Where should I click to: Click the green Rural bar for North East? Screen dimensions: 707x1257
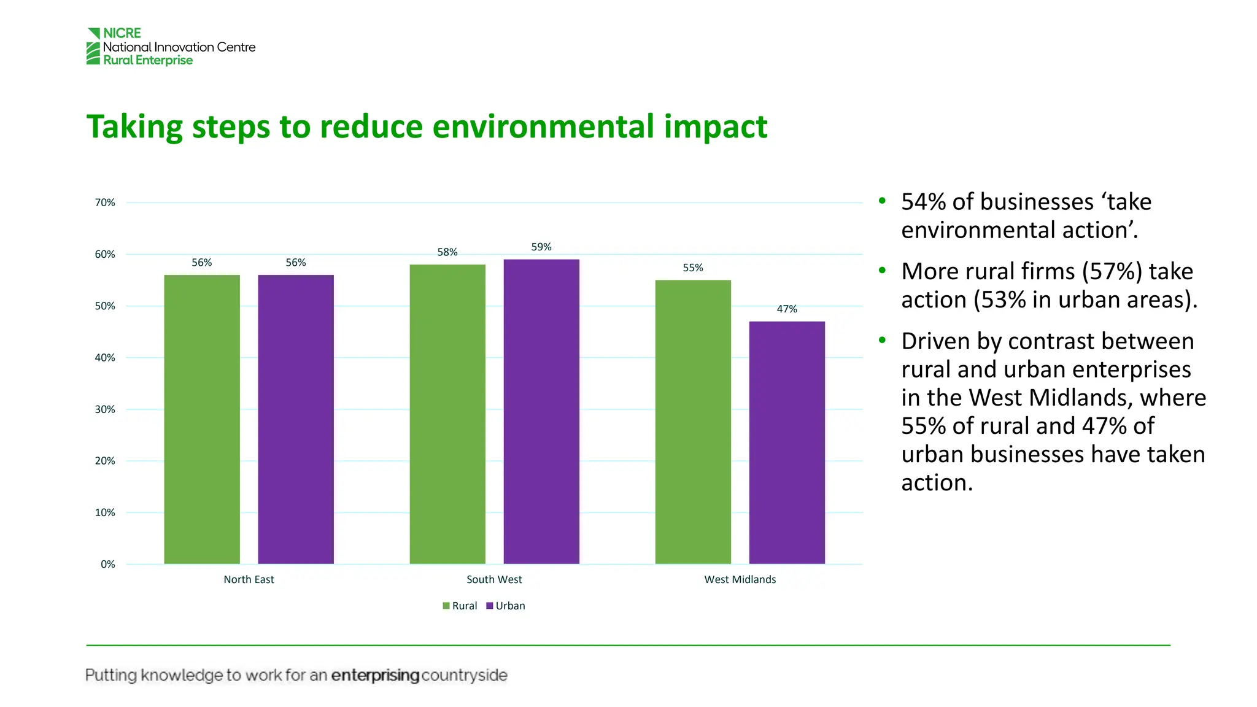[202, 419]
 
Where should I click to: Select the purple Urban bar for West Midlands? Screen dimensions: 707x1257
[787, 442]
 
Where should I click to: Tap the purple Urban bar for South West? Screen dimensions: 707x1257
[541, 411]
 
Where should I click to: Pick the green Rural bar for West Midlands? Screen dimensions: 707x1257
[693, 422]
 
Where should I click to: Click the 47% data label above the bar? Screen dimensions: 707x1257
[787, 309]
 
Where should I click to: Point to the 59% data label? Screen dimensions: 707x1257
[541, 247]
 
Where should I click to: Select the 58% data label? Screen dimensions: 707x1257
[447, 252]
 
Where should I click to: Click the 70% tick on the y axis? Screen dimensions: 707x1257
[105, 203]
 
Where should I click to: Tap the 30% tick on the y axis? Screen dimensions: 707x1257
[105, 409]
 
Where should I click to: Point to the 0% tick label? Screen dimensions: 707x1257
[108, 565]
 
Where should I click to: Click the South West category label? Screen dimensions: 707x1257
[494, 579]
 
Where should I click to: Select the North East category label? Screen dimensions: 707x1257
[249, 579]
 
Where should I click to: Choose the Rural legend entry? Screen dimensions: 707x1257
[460, 606]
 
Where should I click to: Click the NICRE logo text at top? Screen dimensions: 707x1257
[122, 33]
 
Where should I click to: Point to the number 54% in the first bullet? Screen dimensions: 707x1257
[923, 202]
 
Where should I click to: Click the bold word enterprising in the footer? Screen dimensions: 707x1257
[375, 676]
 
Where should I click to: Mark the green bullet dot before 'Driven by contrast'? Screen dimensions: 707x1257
[882, 340]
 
